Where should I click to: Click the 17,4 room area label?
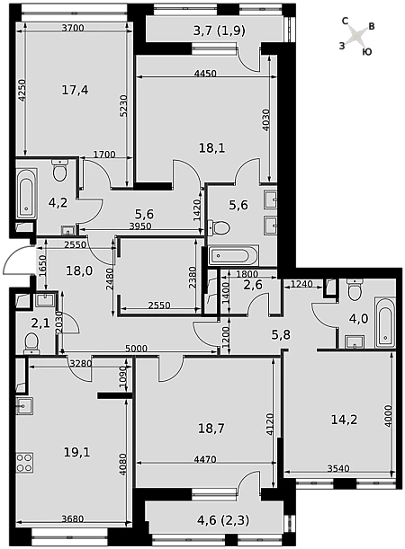75,91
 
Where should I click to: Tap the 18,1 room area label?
212,148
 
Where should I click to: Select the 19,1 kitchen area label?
77,452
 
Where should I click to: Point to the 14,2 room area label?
345,419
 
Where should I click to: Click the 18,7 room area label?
211,428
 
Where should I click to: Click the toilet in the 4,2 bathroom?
59,170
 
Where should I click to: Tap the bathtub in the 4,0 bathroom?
384,323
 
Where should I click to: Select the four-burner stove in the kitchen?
24,463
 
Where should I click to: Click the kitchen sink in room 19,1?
24,406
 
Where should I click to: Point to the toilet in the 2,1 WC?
31,342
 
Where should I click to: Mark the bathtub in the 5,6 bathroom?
234,255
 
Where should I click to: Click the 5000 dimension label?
137,349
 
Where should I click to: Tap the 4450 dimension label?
205,74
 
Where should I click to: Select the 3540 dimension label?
338,468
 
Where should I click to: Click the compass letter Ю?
367,52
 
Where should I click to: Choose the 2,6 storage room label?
253,285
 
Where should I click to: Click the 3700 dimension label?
73,28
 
